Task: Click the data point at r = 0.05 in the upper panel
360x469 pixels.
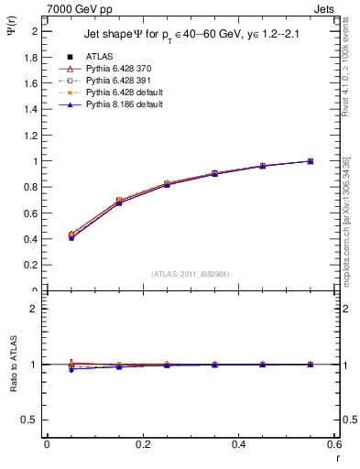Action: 71,236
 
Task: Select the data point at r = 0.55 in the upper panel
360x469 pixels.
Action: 310,161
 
